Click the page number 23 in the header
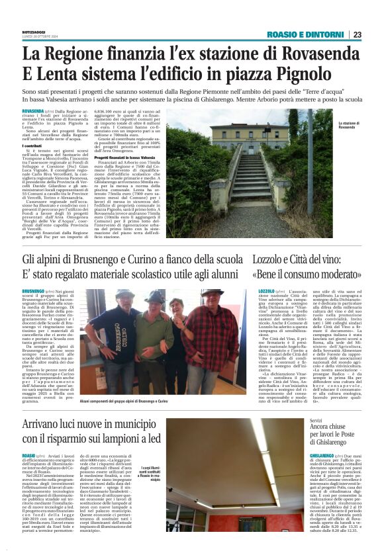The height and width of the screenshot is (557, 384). [357, 34]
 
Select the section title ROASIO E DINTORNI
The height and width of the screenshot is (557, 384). [305, 34]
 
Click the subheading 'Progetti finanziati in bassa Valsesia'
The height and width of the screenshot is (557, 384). [132, 157]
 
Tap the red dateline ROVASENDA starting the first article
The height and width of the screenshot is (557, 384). [32, 112]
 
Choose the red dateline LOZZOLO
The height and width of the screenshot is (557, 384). [265, 291]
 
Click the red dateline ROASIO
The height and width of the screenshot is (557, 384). [28, 456]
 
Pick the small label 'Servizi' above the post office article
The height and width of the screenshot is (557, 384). [297, 420]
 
